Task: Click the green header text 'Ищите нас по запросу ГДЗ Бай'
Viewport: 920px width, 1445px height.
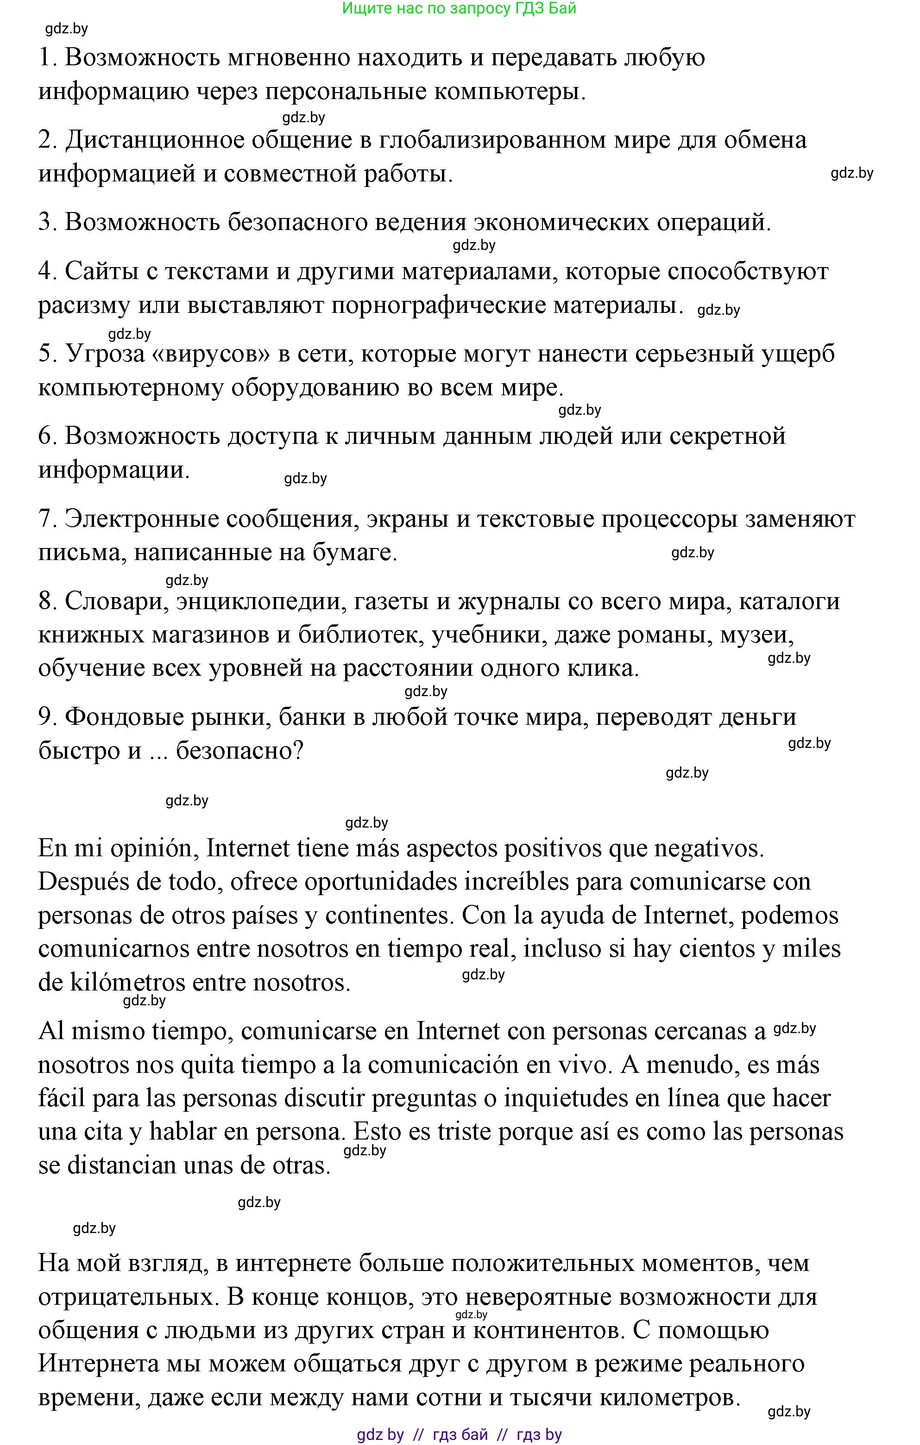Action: click(x=459, y=8)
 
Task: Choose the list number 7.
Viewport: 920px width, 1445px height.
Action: click(x=47, y=518)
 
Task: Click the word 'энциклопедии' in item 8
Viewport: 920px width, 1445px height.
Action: click(x=259, y=601)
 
